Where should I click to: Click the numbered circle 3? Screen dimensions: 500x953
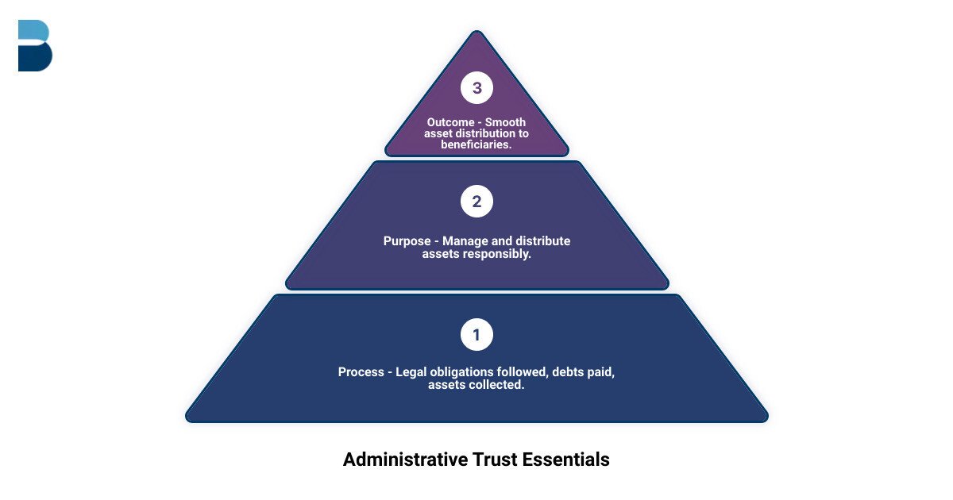pyautogui.click(x=476, y=88)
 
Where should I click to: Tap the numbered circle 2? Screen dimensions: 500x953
pyautogui.click(x=476, y=202)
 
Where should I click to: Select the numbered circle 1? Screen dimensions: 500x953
pyautogui.click(x=476, y=335)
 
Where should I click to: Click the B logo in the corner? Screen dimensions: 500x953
pyautogui.click(x=35, y=46)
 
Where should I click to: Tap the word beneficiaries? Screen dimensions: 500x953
pyautogui.click(x=476, y=144)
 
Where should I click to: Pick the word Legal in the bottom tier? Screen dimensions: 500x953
pyautogui.click(x=411, y=371)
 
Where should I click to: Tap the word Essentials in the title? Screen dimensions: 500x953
pyautogui.click(x=566, y=460)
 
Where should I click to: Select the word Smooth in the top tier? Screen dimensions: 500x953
pyautogui.click(x=505, y=122)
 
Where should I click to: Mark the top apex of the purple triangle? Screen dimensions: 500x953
pyautogui.click(x=476, y=32)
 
